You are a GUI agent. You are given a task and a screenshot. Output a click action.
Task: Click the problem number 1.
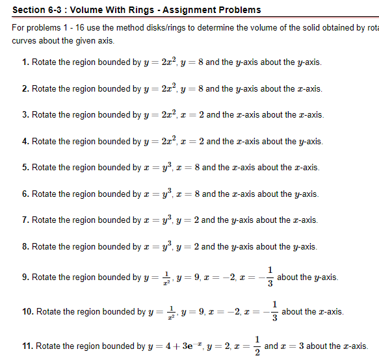pos(24,62)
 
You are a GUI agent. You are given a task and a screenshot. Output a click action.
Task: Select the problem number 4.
pos(24,142)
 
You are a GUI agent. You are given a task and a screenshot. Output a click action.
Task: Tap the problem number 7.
pos(24,220)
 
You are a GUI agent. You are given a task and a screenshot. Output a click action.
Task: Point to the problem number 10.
pos(27,312)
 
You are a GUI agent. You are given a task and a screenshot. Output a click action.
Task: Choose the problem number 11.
pos(27,346)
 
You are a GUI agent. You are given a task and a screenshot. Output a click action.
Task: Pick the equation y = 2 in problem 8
pos(188,247)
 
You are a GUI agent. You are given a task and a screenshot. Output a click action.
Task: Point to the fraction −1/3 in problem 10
pos(274,312)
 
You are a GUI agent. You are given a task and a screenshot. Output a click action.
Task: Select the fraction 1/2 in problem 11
pos(257,346)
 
